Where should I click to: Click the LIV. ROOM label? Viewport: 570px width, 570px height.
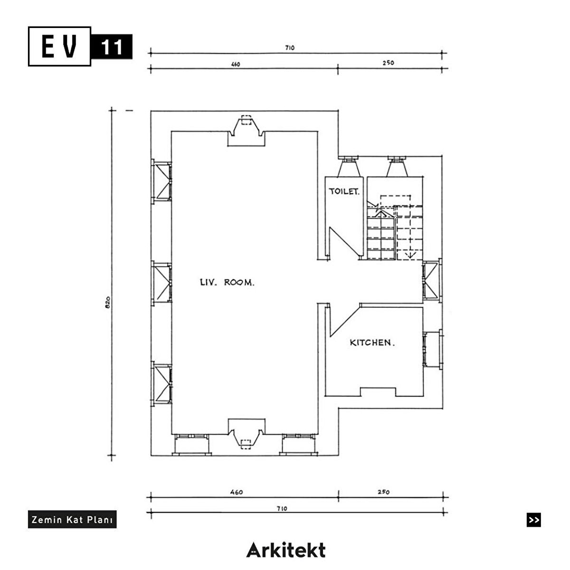click(x=227, y=283)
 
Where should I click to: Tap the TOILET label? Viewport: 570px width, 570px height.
click(x=344, y=191)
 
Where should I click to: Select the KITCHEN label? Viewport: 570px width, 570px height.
click(x=372, y=342)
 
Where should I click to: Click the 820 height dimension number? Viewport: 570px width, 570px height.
click(x=108, y=302)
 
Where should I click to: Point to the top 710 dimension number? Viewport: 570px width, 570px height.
click(x=290, y=47)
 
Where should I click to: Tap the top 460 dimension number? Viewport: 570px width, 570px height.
click(x=236, y=64)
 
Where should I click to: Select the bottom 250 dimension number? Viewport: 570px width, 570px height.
click(x=384, y=492)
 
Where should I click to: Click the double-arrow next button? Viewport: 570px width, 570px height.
click(x=533, y=520)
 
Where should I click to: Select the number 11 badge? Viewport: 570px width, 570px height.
click(x=112, y=47)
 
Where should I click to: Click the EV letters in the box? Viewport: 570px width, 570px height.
click(x=59, y=46)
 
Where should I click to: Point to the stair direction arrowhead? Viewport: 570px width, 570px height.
click(x=410, y=254)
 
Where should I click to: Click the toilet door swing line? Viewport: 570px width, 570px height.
click(x=345, y=242)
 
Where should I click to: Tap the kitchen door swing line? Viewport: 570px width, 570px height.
click(x=345, y=321)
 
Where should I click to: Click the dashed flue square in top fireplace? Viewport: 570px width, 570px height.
click(x=247, y=120)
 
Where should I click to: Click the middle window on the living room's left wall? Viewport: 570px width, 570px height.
click(x=161, y=283)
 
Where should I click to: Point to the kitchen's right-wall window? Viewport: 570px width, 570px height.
click(x=433, y=349)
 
